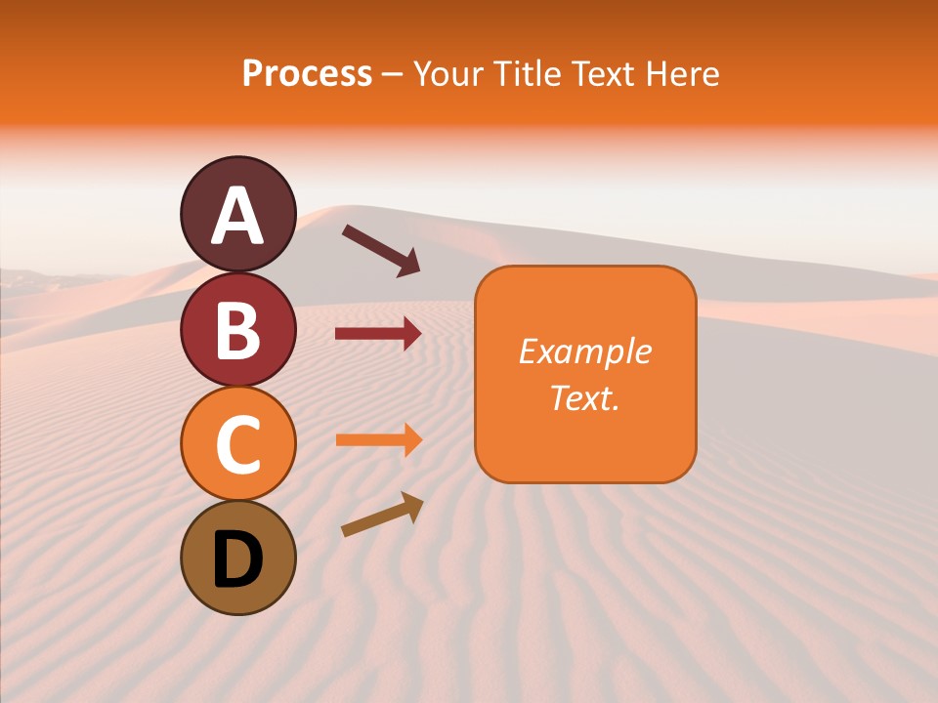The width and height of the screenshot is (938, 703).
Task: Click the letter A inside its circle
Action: click(x=237, y=216)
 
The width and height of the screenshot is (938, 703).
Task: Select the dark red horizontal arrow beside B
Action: click(x=378, y=334)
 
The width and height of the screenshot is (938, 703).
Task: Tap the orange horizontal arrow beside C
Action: click(x=378, y=439)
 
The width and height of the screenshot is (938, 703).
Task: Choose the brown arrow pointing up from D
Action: click(x=382, y=515)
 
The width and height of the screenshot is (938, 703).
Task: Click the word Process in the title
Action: click(x=307, y=73)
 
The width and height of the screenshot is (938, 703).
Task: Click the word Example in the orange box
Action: click(x=584, y=351)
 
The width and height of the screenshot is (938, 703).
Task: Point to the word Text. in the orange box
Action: click(x=584, y=397)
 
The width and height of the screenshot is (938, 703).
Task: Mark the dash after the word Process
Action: click(x=392, y=75)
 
